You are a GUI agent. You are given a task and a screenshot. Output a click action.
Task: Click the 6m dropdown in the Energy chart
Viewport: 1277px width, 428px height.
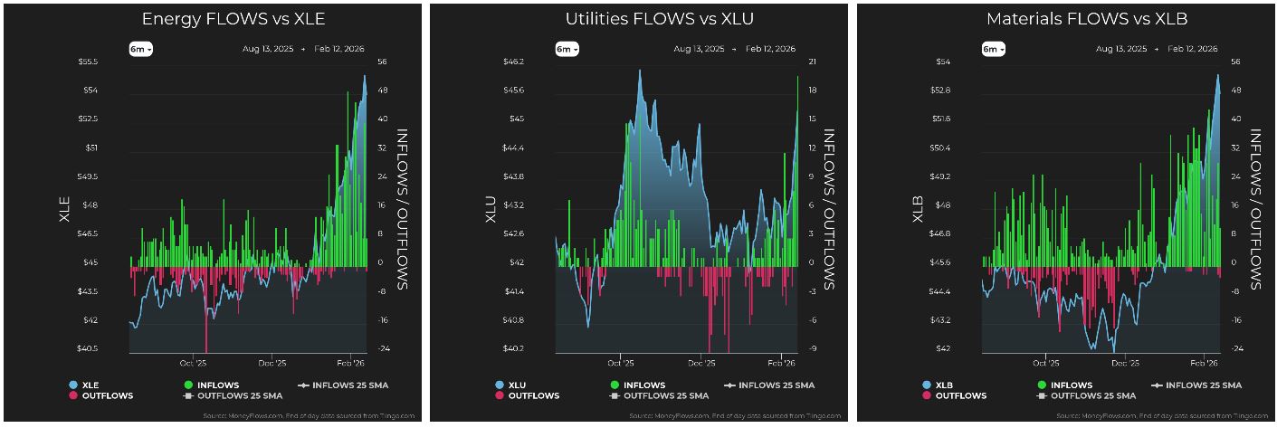139,49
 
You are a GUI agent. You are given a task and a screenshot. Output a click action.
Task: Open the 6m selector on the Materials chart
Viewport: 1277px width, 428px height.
993,49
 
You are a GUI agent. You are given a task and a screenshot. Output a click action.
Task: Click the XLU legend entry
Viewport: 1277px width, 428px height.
519,385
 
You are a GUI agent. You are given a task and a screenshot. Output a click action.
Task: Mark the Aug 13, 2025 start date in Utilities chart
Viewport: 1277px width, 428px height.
699,49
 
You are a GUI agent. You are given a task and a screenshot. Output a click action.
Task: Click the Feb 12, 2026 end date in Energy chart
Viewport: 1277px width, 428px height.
344,49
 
